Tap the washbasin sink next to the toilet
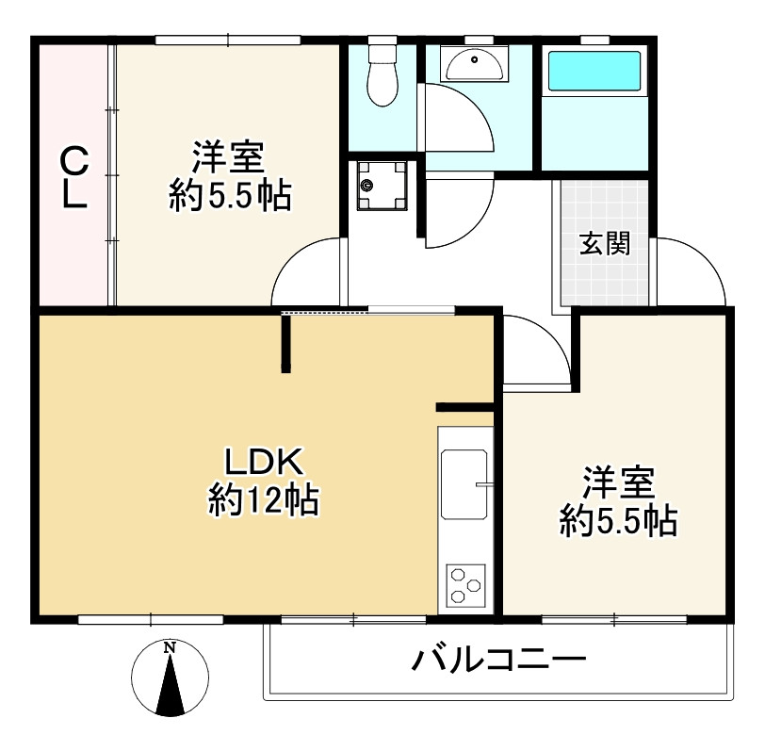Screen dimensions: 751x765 [472, 65]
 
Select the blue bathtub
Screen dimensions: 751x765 [594, 72]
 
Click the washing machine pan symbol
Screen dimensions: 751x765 [381, 184]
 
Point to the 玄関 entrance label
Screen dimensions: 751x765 [604, 244]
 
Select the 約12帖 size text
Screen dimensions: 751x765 [263, 499]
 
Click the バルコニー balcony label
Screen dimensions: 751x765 [499, 660]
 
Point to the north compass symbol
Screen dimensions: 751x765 [170, 678]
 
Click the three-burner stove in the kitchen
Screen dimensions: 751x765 [464, 584]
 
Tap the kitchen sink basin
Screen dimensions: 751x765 [464, 486]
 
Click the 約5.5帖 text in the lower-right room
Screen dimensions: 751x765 [619, 520]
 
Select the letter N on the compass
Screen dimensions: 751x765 [170, 648]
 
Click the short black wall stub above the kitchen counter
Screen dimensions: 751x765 [464, 407]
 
